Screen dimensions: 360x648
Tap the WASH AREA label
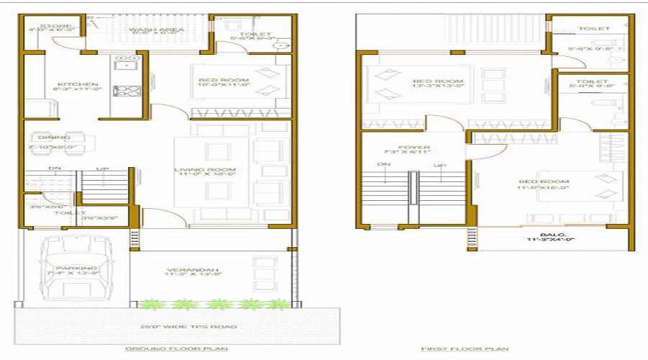click(x=156, y=30)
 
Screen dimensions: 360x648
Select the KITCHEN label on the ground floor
click(x=67, y=84)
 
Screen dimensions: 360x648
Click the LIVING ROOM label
click(x=206, y=171)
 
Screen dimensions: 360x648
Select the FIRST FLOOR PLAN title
click(x=464, y=348)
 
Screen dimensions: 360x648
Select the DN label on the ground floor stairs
click(x=55, y=168)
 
